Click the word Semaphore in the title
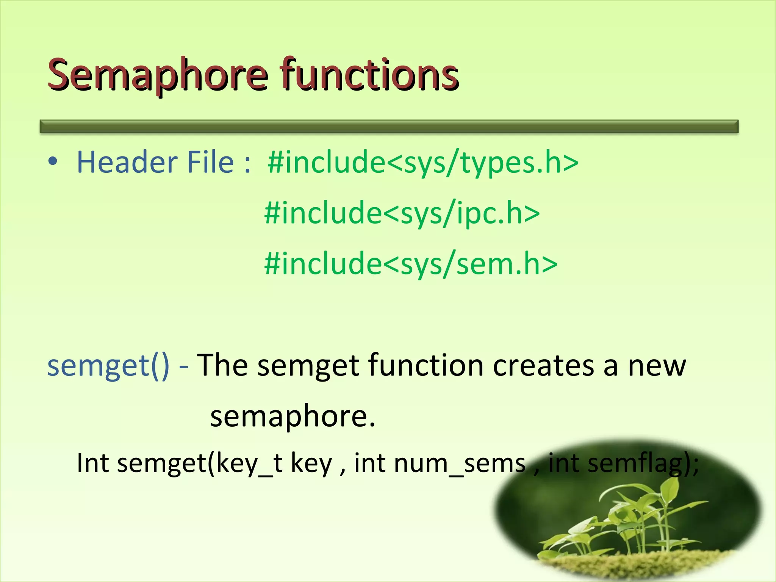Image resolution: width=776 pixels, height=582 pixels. [157, 75]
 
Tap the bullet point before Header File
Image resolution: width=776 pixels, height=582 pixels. [53, 161]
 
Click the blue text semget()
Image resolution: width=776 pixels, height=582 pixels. [108, 365]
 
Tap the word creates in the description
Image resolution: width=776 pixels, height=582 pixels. [543, 365]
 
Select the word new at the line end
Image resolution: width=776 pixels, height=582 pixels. [657, 366]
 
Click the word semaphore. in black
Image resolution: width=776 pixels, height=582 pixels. [293, 416]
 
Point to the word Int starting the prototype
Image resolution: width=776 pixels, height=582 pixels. [93, 463]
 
